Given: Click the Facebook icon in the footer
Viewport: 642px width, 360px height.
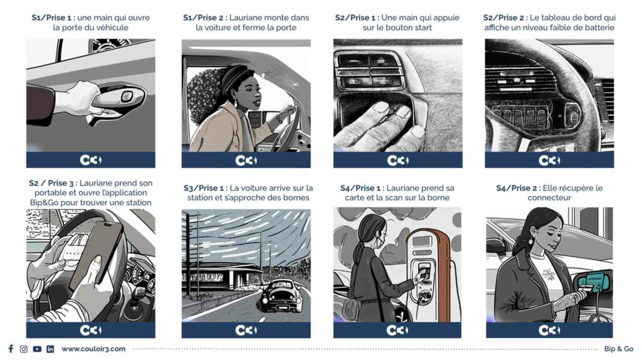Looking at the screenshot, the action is pyautogui.click(x=11, y=349).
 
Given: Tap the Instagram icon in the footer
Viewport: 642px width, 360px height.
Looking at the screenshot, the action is pyautogui.click(x=24, y=349).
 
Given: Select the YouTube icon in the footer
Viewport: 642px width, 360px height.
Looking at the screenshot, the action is pyautogui.click(x=37, y=349).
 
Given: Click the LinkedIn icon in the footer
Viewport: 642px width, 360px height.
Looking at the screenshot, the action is pyautogui.click(x=50, y=349).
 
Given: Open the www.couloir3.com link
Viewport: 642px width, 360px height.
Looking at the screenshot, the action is pyautogui.click(x=94, y=349).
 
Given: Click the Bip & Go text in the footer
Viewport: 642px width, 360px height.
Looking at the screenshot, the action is pyautogui.click(x=618, y=349).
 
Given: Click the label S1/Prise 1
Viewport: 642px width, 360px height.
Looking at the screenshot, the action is pyautogui.click(x=51, y=18).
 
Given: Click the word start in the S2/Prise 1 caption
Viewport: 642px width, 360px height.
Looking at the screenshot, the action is pyautogui.click(x=423, y=28).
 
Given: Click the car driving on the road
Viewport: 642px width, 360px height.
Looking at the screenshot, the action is pyautogui.click(x=280, y=295).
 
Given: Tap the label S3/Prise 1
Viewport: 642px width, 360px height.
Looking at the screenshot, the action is pyautogui.click(x=204, y=188).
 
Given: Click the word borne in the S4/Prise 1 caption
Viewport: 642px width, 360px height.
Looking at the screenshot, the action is pyautogui.click(x=438, y=198).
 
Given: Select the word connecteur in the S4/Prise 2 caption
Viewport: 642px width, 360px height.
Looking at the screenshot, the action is pyautogui.click(x=549, y=198).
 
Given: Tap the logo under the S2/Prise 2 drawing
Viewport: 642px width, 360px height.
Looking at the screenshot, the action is pyautogui.click(x=549, y=160).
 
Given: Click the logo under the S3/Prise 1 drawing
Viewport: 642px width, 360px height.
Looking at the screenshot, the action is pyautogui.click(x=246, y=330).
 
